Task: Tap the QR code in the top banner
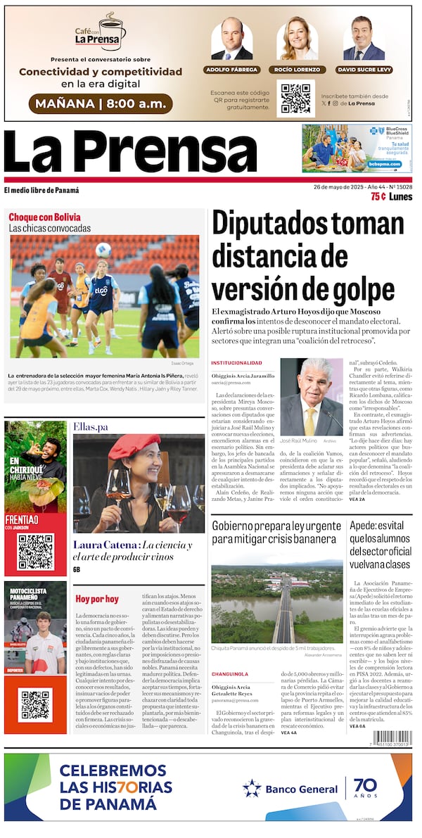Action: [295, 99]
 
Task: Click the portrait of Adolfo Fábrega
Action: [231, 39]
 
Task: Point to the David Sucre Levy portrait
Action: [364, 39]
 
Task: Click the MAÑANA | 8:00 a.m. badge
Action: [101, 104]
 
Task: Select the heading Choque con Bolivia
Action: [44, 217]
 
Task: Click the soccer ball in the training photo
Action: [103, 249]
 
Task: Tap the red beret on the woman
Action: [134, 445]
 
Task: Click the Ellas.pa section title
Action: [91, 426]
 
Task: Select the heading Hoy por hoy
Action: [97, 599]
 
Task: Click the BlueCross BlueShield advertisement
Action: [357, 148]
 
